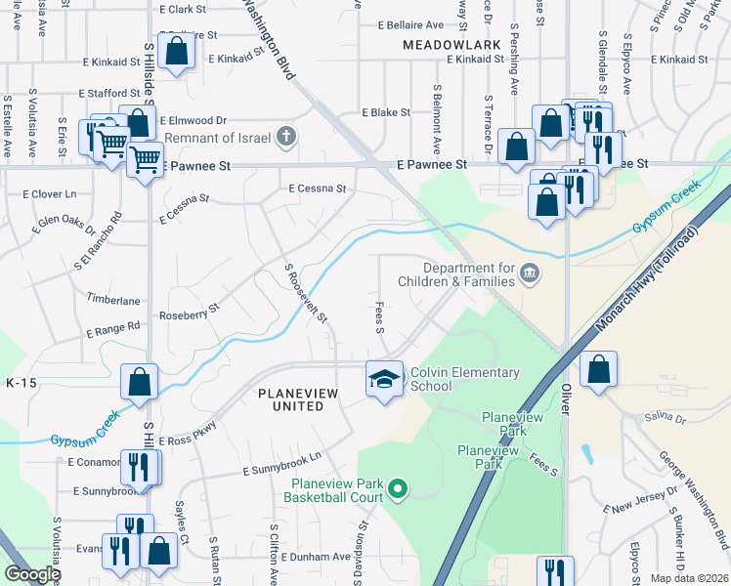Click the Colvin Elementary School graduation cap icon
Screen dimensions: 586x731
coord(384,379)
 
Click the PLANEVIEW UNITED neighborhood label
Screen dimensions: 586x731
coord(290,399)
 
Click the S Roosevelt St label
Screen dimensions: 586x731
coord(306,293)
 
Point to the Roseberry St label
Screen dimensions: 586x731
coord(191,313)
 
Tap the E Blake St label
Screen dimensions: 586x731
coord(385,113)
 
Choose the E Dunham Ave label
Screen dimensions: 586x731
coord(315,557)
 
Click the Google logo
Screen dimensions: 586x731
coord(32,575)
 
